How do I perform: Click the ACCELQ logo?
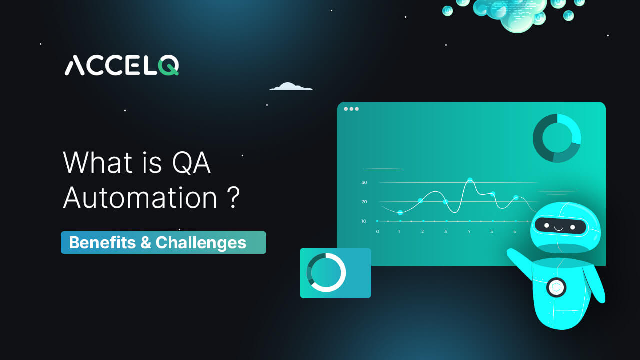pyautogui.click(x=121, y=66)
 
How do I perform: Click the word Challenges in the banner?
pyautogui.click(x=201, y=243)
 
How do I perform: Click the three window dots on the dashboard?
pyautogui.click(x=351, y=109)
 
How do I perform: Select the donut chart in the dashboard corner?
pyautogui.click(x=557, y=138)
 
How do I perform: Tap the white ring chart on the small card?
pyautogui.click(x=326, y=272)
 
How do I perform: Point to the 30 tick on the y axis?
pyautogui.click(x=364, y=183)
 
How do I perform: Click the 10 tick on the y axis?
pyautogui.click(x=364, y=221)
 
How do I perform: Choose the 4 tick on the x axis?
pyautogui.click(x=469, y=231)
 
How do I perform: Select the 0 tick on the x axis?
pyautogui.click(x=377, y=231)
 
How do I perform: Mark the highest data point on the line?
pyautogui.click(x=470, y=180)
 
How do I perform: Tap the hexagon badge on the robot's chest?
pyautogui.click(x=556, y=287)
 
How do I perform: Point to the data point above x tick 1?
pyautogui.click(x=400, y=213)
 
